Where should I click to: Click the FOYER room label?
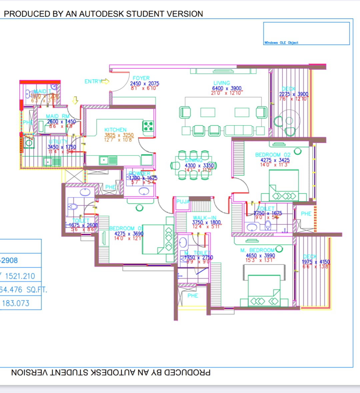(141, 78)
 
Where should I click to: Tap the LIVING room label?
(222, 83)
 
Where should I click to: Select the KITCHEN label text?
(115, 130)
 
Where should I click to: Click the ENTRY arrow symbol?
(105, 81)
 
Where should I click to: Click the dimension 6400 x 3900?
(227, 88)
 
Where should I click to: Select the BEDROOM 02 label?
(273, 155)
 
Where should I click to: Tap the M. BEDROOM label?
(257, 250)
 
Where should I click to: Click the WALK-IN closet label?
(204, 218)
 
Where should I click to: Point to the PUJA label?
(183, 201)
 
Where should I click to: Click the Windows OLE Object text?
(281, 43)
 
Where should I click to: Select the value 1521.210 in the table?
(20, 276)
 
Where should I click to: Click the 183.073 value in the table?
(16, 303)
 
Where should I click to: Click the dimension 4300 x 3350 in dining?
(199, 166)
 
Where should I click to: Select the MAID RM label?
(57, 117)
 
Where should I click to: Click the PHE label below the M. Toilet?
(193, 296)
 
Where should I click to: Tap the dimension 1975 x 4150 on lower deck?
(315, 262)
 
